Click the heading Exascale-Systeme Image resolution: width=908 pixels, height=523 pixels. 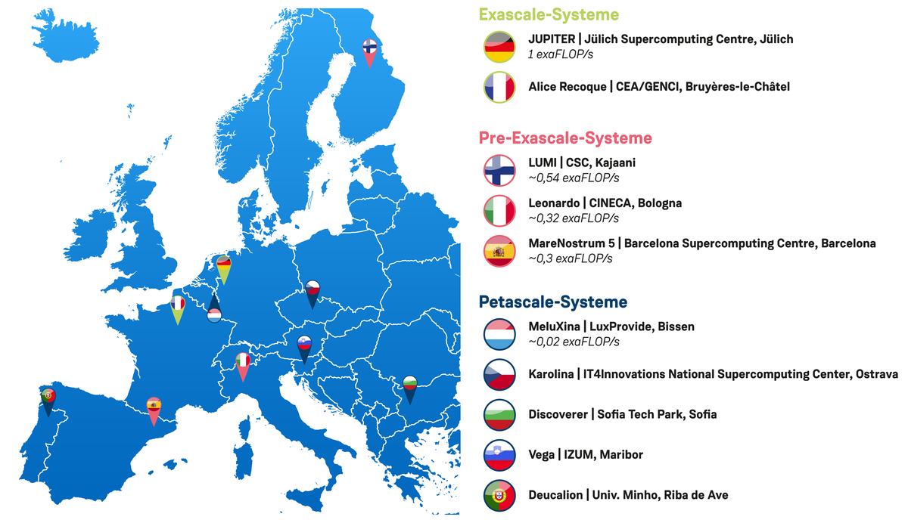[548, 14]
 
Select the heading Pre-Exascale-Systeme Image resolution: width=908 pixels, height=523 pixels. [564, 138]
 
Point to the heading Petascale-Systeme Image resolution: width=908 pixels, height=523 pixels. [552, 302]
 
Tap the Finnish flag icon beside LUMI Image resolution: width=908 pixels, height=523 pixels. [499, 170]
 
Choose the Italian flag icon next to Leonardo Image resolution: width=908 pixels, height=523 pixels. [499, 210]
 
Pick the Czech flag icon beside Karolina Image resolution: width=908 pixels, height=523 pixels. [499, 373]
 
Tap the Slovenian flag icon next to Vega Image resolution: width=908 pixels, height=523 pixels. [499, 454]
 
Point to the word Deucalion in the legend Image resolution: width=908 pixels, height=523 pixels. [555, 495]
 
